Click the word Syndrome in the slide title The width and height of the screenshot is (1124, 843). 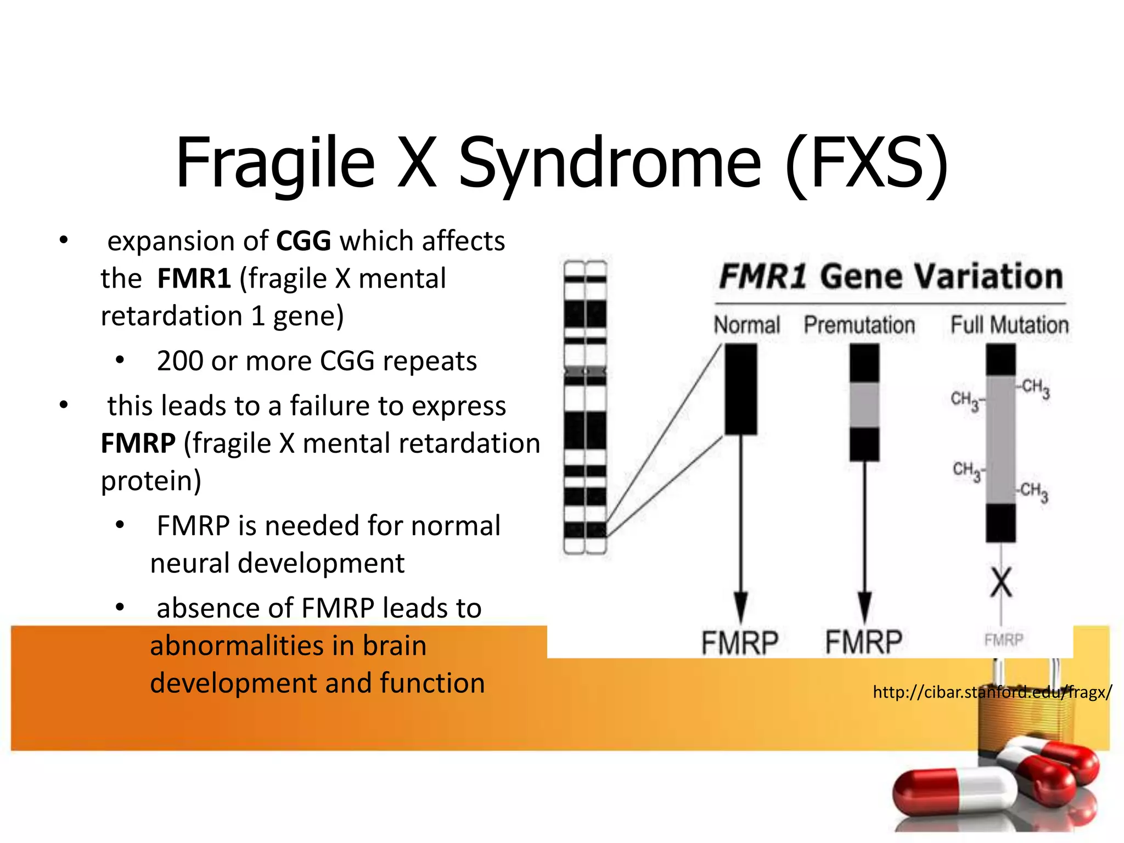609,164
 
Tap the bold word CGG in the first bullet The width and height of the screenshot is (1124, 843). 304,241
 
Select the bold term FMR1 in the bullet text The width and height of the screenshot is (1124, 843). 194,278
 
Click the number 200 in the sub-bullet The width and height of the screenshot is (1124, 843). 180,361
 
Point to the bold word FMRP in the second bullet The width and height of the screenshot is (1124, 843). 138,443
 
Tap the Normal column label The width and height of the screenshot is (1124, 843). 746,325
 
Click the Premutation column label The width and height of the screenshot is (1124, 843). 859,325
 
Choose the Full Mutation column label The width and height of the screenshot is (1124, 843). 1009,325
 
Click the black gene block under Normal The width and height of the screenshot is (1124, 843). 741,389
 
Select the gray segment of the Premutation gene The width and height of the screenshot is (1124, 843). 864,405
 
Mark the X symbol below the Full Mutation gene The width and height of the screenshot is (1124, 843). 1001,583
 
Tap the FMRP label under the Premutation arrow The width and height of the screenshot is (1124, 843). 864,642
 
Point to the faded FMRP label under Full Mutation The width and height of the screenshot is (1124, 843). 1003,640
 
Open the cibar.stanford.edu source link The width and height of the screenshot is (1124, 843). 992,692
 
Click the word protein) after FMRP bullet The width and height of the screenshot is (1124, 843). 151,481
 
